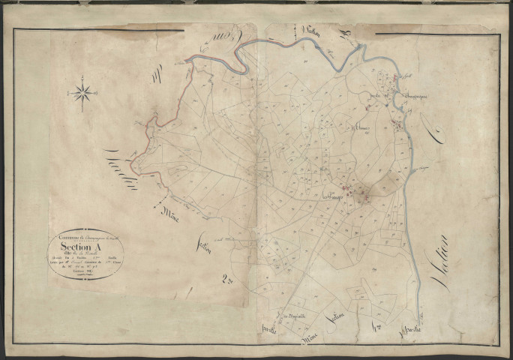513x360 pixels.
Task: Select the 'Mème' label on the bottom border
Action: click(308, 338)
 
